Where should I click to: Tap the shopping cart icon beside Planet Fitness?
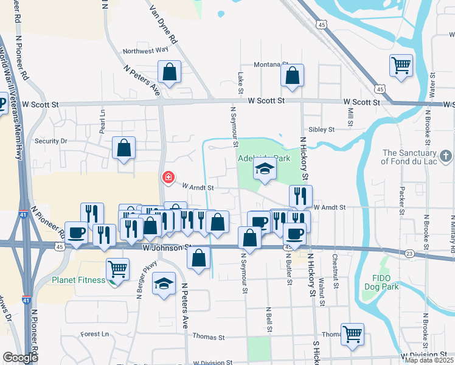pyautogui.click(x=117, y=268)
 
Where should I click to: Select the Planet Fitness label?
pyautogui.click(x=79, y=280)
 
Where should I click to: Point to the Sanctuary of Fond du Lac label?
pyautogui.click(x=417, y=157)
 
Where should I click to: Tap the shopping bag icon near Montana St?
pyautogui.click(x=293, y=75)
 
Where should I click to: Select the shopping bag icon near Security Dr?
pyautogui.click(x=123, y=148)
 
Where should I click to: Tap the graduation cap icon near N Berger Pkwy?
pyautogui.click(x=164, y=284)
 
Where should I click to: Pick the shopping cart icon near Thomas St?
pyautogui.click(x=352, y=334)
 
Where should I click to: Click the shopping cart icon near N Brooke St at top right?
pyautogui.click(x=401, y=64)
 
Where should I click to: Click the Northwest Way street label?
pyautogui.click(x=145, y=51)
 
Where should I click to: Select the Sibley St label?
pyautogui.click(x=322, y=130)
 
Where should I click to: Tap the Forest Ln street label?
pyautogui.click(x=94, y=334)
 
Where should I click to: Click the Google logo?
pyautogui.click(x=20, y=358)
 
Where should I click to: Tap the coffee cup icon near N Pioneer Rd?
pyautogui.click(x=77, y=234)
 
